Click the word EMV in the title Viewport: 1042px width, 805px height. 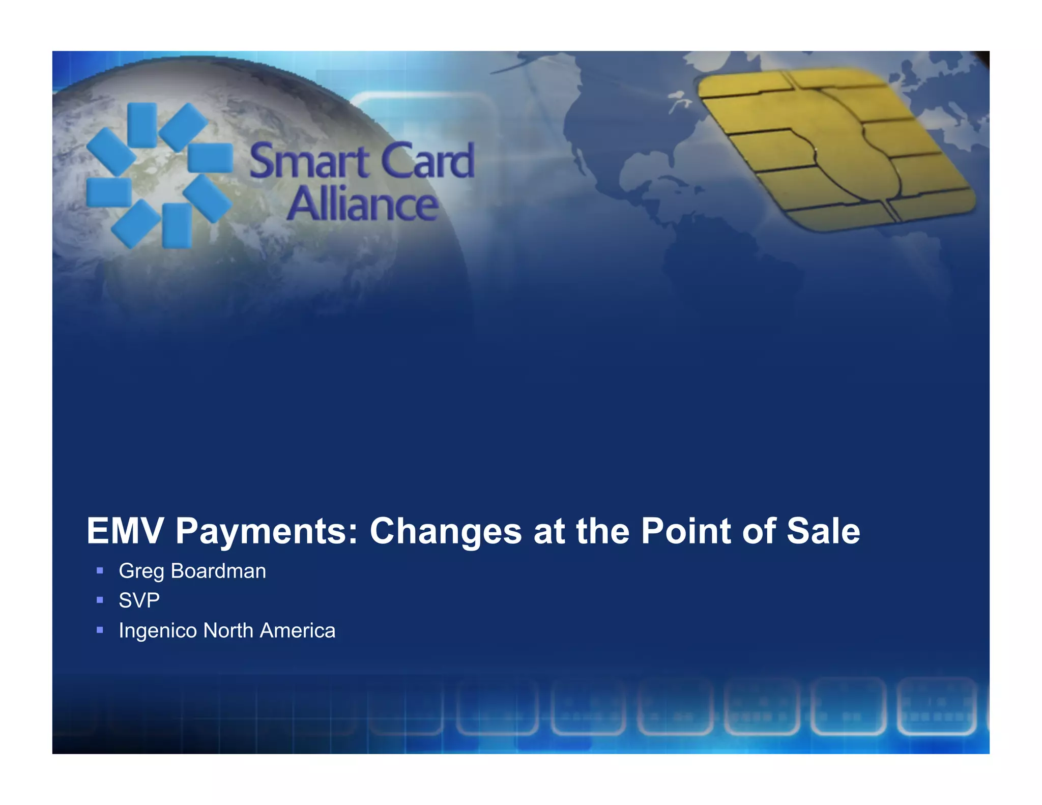pyautogui.click(x=125, y=531)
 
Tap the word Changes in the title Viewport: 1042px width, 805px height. pyautogui.click(x=446, y=531)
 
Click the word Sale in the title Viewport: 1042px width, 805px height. pyautogui.click(x=823, y=531)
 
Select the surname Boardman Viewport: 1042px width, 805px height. pyautogui.click(x=218, y=571)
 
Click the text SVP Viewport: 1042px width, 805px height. pyautogui.click(x=139, y=600)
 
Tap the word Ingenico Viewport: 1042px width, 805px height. pyautogui.click(x=158, y=630)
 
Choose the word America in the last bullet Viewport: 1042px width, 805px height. pyautogui.click(x=298, y=630)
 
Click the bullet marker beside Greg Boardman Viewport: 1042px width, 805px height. pyautogui.click(x=100, y=571)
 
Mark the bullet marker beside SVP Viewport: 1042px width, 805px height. pyautogui.click(x=100, y=600)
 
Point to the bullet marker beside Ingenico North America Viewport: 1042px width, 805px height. pyautogui.click(x=100, y=630)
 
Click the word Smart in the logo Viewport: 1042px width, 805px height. pyautogui.click(x=309, y=161)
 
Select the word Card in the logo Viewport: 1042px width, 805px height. pyautogui.click(x=428, y=161)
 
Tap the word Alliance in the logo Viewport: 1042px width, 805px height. pyautogui.click(x=362, y=204)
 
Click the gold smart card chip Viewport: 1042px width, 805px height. pyautogui.click(x=834, y=148)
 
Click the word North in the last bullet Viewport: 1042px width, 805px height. pyautogui.click(x=228, y=630)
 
